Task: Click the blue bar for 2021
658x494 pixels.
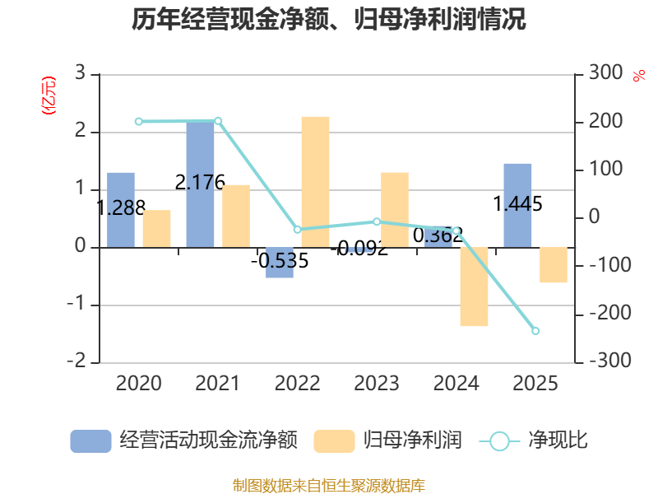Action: coord(200,184)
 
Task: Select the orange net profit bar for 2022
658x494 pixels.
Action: coord(315,182)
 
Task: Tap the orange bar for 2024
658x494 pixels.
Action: coord(475,287)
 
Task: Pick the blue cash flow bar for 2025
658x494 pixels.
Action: coord(517,205)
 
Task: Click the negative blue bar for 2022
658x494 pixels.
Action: coord(280,263)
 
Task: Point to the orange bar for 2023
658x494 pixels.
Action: coord(395,210)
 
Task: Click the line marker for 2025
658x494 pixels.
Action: coord(535,331)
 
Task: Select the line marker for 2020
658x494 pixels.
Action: coord(139,122)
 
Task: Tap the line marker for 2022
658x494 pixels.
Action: coord(298,230)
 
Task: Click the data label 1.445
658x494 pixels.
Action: coord(517,204)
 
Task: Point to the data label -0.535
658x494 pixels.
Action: coord(280,261)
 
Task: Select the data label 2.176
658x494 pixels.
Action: coord(200,182)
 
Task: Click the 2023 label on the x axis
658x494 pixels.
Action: coord(377,384)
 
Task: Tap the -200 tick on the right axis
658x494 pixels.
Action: coord(610,313)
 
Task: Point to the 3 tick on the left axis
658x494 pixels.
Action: coord(80,73)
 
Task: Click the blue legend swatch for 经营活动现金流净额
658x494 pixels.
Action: coord(90,441)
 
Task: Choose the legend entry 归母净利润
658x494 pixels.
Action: coord(387,440)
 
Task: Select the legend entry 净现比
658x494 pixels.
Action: coord(533,440)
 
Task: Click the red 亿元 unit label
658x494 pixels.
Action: coord(49,96)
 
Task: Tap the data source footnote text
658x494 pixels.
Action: coord(329,486)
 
